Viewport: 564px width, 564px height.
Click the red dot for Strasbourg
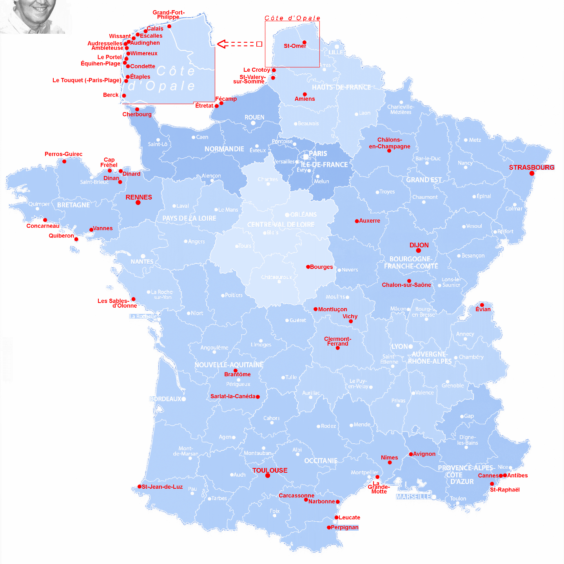tap(531, 173)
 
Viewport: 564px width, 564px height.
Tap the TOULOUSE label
tap(270, 470)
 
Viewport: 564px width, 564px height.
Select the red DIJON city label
tap(419, 245)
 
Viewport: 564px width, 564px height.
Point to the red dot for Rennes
tap(138, 203)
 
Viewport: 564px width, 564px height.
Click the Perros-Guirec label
tap(63, 154)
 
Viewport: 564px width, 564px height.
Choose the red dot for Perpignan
tap(329, 528)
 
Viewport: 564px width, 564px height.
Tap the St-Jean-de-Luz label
tap(162, 487)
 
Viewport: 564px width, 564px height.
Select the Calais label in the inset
tap(155, 29)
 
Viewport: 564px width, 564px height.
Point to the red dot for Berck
tap(124, 96)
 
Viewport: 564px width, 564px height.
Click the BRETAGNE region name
tap(73, 205)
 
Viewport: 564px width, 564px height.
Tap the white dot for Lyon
tap(410, 346)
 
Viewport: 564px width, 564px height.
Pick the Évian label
tap(483, 309)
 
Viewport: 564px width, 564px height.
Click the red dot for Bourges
tap(308, 267)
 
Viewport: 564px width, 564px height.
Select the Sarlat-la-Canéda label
tap(233, 396)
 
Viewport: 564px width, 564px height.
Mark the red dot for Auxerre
tap(357, 221)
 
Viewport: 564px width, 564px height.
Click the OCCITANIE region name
tap(321, 461)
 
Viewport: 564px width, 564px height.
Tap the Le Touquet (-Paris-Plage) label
tap(87, 80)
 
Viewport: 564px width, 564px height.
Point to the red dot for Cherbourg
tap(137, 109)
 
